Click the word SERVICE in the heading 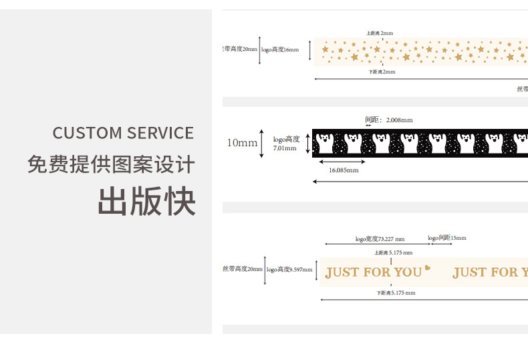pyautogui.click(x=159, y=132)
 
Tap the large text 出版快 pyautogui.click(x=147, y=201)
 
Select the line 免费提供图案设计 pyautogui.click(x=111, y=164)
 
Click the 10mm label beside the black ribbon pyautogui.click(x=242, y=143)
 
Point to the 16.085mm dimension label pyautogui.click(x=344, y=170)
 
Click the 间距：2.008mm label pyautogui.click(x=388, y=120)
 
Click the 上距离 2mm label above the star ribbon pyautogui.click(x=380, y=33)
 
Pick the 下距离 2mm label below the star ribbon pyautogui.click(x=382, y=71)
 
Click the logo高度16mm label pyautogui.click(x=280, y=49)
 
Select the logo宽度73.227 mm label pyautogui.click(x=380, y=238)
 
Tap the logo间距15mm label pyautogui.click(x=447, y=238)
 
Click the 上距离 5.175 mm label pyautogui.click(x=393, y=252)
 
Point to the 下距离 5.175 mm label pyautogui.click(x=395, y=293)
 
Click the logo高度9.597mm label pyautogui.click(x=289, y=270)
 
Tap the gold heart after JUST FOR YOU pyautogui.click(x=428, y=269)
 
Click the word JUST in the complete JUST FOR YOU pyautogui.click(x=341, y=272)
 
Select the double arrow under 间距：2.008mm pyautogui.click(x=368, y=126)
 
